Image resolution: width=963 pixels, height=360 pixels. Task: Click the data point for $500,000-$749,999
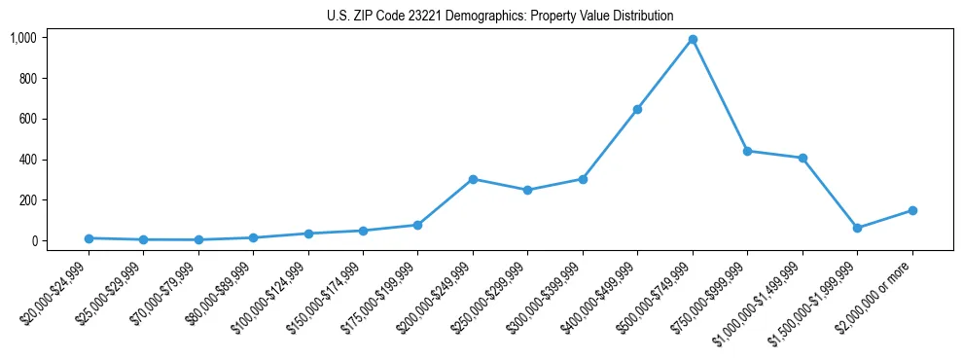(x=693, y=40)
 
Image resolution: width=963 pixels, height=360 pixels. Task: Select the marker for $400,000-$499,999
(x=637, y=109)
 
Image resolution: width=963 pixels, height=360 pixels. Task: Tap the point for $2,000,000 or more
(x=912, y=210)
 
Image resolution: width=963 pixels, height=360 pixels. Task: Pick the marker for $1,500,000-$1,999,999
(x=857, y=228)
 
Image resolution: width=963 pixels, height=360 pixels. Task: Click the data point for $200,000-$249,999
(x=473, y=179)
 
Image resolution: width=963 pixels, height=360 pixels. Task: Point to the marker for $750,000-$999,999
(x=747, y=151)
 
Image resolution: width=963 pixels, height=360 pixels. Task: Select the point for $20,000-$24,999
(x=89, y=238)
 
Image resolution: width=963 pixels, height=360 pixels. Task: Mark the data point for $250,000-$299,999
(x=527, y=190)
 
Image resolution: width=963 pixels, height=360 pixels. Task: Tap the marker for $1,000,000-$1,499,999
(x=802, y=158)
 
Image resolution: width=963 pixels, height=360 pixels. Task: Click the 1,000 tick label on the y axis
(x=23, y=38)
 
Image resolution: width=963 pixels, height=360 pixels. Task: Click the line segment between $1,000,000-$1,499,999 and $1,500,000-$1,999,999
(x=830, y=193)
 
